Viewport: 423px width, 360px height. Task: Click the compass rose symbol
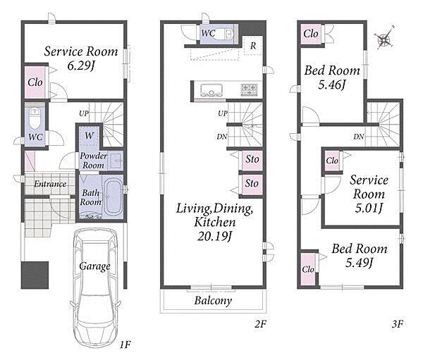pyautogui.click(x=384, y=39)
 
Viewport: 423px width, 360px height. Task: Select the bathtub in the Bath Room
pyautogui.click(x=113, y=197)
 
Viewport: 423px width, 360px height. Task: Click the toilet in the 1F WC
pyautogui.click(x=35, y=118)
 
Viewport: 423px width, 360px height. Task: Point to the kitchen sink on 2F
pyautogui.click(x=211, y=90)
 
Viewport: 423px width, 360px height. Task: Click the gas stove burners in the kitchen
pyautogui.click(x=249, y=89)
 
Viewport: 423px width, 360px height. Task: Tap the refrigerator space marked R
pyautogui.click(x=253, y=45)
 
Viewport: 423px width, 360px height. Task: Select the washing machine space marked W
pyautogui.click(x=90, y=135)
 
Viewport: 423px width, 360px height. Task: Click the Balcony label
pyautogui.click(x=213, y=300)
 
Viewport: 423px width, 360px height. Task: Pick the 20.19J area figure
pyautogui.click(x=215, y=236)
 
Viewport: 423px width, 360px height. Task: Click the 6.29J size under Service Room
pyautogui.click(x=81, y=66)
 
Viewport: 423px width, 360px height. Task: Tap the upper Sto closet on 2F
pyautogui.click(x=252, y=160)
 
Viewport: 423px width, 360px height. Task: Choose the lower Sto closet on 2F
pyautogui.click(x=252, y=185)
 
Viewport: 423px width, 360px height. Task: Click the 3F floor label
pyautogui.click(x=398, y=323)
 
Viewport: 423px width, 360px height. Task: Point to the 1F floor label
pyautogui.click(x=125, y=345)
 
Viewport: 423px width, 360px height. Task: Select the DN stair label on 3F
pyautogui.click(x=359, y=137)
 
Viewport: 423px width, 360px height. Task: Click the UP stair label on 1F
pyautogui.click(x=84, y=113)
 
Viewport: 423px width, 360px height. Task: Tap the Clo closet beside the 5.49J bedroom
pyautogui.click(x=308, y=269)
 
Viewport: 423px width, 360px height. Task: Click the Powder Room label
pyautogui.click(x=93, y=161)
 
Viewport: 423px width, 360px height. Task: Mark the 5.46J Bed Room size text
pyautogui.click(x=332, y=85)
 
